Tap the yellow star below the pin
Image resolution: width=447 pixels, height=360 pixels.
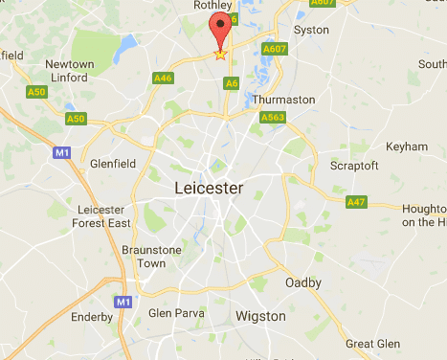(221, 55)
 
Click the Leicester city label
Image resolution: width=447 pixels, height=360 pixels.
(210, 188)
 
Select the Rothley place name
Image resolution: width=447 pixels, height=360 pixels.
(212, 6)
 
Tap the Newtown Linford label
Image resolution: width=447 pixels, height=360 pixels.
(70, 71)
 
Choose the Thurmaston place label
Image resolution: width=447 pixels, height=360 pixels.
(283, 99)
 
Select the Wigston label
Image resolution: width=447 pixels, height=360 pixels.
(260, 316)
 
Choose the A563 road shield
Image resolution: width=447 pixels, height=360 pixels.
(273, 118)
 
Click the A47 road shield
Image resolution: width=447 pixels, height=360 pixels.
(357, 202)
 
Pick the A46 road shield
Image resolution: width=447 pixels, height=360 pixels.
(163, 78)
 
